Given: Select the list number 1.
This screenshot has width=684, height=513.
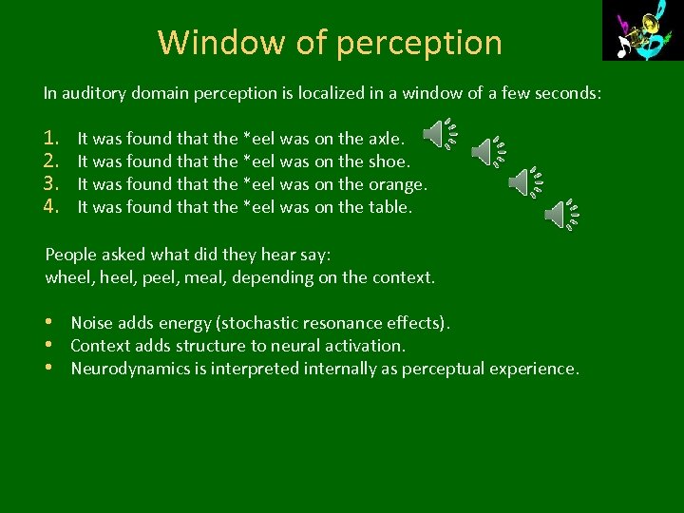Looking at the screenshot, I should pos(52,139).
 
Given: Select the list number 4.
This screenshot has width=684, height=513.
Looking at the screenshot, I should pos(52,206).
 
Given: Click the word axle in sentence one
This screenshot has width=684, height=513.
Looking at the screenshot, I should pos(385,139).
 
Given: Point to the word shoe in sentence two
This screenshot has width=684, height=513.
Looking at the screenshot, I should pos(388,161).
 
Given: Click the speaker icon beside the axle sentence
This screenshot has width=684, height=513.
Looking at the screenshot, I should pos(437,136).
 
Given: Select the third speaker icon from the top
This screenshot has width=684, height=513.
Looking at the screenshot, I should pos(523,180).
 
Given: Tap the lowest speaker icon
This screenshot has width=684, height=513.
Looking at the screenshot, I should pos(560,216).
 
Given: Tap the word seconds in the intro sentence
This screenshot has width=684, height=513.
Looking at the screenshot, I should pos(568,93).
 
